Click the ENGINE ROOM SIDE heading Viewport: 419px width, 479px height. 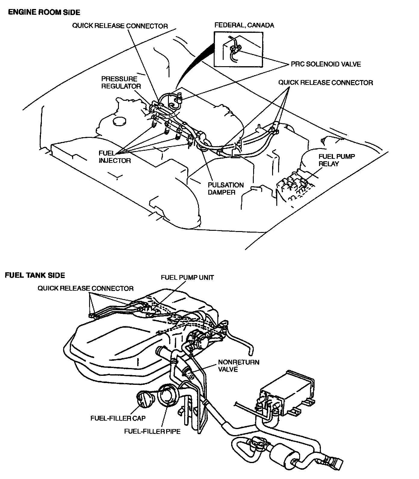(44, 12)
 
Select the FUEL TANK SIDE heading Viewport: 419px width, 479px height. (35, 275)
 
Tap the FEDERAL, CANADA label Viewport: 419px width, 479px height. (244, 25)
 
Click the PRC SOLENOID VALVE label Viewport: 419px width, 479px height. (326, 64)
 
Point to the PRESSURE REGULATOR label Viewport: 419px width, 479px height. (121, 82)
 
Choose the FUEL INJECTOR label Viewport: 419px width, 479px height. (115, 157)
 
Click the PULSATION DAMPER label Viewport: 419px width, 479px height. (226, 189)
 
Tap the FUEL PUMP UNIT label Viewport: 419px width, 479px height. (187, 277)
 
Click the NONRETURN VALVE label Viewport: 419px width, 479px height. (238, 366)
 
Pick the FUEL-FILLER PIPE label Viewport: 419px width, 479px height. (152, 431)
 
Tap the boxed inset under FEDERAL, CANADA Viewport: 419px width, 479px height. (238, 49)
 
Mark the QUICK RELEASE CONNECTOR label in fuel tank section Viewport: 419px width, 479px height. (85, 289)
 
